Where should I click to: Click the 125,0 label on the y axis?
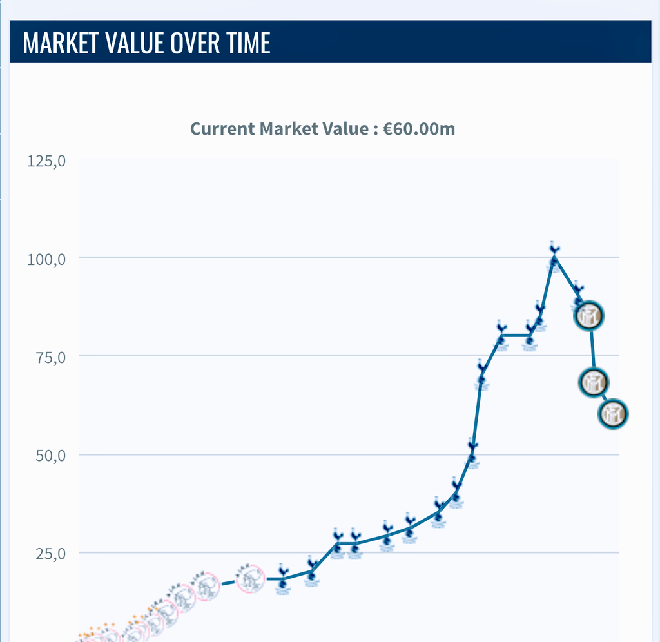[47, 160]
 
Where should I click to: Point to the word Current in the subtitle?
[223, 128]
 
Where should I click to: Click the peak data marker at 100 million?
[554, 257]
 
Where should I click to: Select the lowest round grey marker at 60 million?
[612, 414]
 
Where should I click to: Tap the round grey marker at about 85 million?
[589, 316]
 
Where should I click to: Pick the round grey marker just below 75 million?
[593, 382]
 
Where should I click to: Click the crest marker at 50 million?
[472, 453]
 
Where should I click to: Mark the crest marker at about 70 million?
[481, 374]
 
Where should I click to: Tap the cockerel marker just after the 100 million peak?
[578, 295]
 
